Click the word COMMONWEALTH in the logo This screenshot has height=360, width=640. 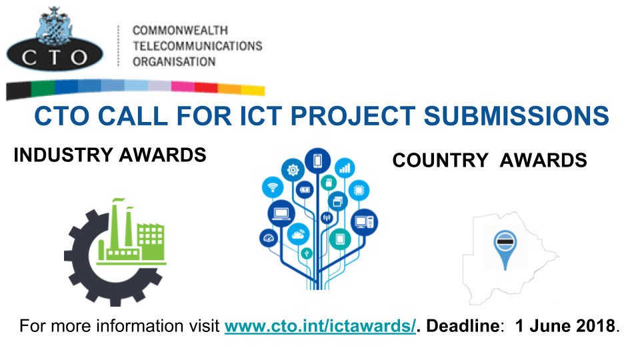click(x=179, y=31)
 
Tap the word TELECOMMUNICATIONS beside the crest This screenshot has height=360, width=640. click(x=197, y=46)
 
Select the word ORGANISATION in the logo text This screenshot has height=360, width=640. click(x=173, y=61)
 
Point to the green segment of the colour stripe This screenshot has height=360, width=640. click(x=43, y=87)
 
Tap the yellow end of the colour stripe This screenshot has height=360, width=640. click(x=253, y=89)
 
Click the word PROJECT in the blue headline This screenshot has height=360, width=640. click(x=347, y=115)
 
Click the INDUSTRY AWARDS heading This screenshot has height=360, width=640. click(x=109, y=155)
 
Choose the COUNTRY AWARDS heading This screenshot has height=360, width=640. click(x=489, y=160)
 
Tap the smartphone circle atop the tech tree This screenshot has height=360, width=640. click(x=317, y=161)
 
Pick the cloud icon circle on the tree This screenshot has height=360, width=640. click(x=298, y=233)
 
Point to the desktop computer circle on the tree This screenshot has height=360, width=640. click(x=364, y=221)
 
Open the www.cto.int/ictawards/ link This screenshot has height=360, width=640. click(x=320, y=326)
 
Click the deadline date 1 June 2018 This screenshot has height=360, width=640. click(x=565, y=326)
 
